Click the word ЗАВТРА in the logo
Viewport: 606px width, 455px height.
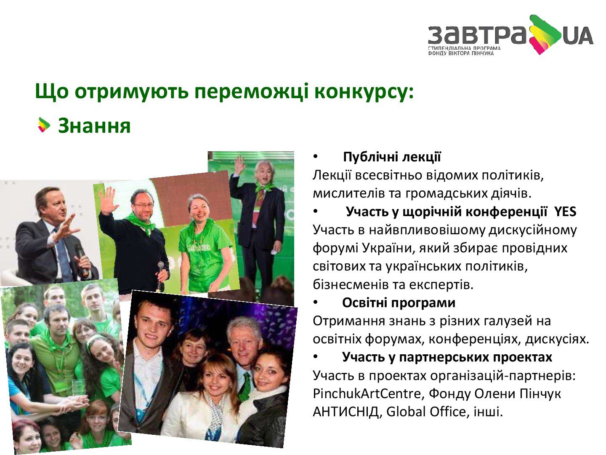[477, 35]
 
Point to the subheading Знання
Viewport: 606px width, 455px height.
[94, 126]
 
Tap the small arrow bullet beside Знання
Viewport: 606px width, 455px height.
[44, 125]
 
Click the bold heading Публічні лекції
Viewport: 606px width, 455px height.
[392, 157]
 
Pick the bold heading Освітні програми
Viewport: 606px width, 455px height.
[399, 303]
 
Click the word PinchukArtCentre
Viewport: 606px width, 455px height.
[367, 394]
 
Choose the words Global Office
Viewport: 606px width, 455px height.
[426, 412]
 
